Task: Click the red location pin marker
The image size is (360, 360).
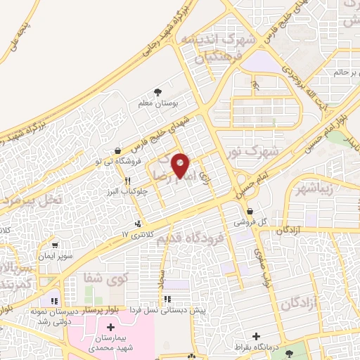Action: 181,166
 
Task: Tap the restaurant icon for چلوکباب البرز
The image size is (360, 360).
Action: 128,181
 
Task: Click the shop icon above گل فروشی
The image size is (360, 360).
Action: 251,210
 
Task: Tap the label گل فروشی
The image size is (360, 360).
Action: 251,221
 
